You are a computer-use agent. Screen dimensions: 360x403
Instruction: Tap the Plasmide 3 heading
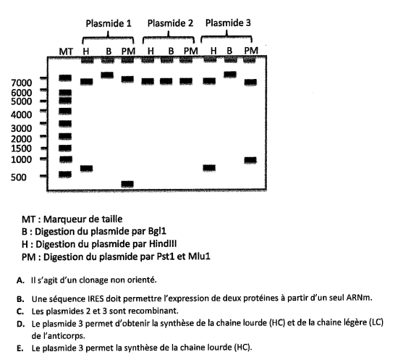coord(228,23)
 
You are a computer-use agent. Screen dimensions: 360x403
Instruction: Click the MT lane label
coord(66,51)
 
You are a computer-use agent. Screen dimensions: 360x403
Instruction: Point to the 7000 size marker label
coord(22,83)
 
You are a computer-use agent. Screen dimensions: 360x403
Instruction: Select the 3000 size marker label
coord(22,127)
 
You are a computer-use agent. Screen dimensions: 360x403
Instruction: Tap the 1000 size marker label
coord(22,159)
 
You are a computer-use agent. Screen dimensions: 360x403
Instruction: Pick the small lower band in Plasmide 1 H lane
coord(86,169)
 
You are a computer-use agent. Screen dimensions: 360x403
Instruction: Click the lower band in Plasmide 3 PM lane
coord(251,160)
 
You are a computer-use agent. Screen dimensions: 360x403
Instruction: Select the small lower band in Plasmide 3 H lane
coord(210,168)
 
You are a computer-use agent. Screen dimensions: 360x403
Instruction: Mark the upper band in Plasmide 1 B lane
coord(107,75)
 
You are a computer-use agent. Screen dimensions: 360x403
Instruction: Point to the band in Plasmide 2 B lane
coord(169,81)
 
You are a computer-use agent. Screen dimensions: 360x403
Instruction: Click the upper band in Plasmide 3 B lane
coord(230,74)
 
